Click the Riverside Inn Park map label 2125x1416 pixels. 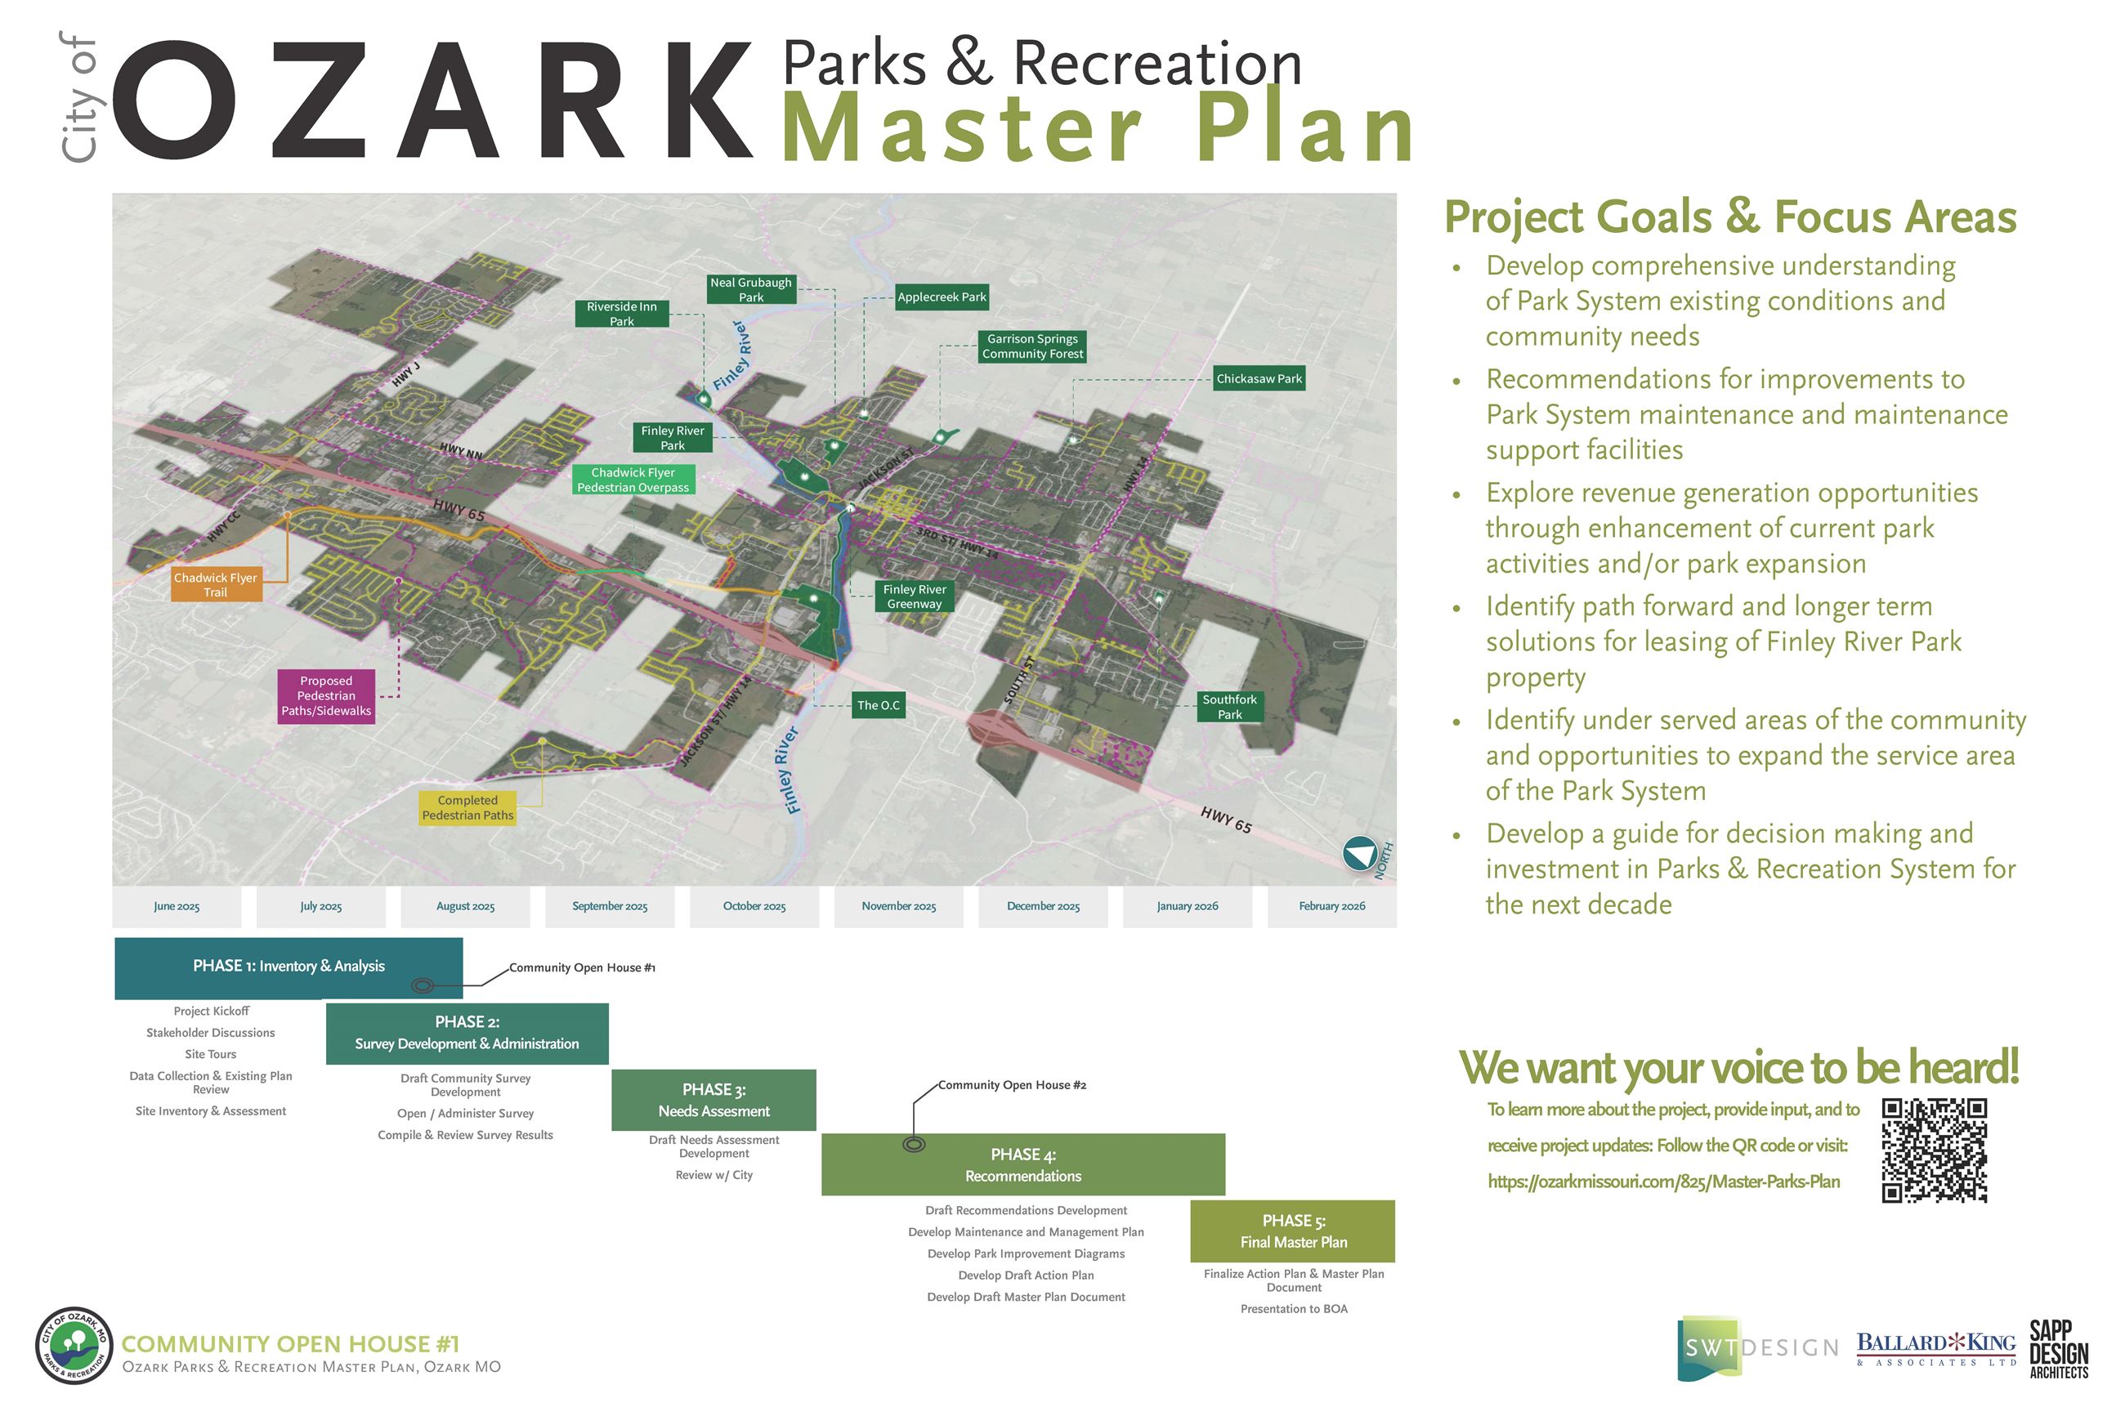click(x=621, y=315)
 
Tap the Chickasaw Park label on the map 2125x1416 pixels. click(x=1258, y=379)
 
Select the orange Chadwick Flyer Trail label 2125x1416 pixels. click(x=215, y=585)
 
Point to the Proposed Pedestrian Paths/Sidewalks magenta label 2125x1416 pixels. click(x=326, y=696)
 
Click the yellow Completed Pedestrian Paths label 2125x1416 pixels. click(x=467, y=808)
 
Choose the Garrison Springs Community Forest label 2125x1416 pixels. click(x=1032, y=346)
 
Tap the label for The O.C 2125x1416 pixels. click(x=878, y=705)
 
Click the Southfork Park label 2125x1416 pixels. click(x=1229, y=707)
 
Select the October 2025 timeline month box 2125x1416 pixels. click(x=754, y=907)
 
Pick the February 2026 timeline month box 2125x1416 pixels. click(x=1331, y=907)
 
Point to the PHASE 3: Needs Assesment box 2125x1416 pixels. click(x=714, y=1101)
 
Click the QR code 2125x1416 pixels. click(x=1934, y=1150)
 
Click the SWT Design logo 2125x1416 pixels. click(x=1756, y=1348)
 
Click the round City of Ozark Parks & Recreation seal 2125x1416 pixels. click(x=74, y=1346)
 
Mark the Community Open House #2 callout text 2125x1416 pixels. click(x=1012, y=1085)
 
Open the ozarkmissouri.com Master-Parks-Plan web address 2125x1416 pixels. click(x=1662, y=1182)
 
